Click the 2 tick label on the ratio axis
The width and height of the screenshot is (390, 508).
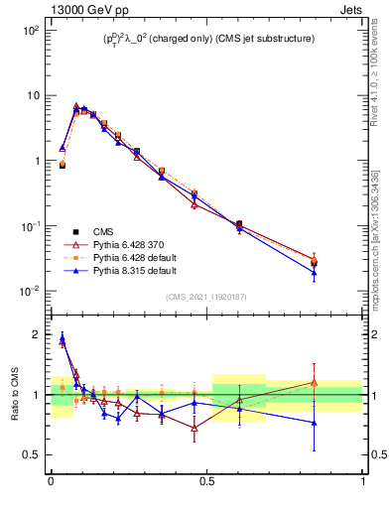38,334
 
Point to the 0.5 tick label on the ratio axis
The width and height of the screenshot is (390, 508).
33,455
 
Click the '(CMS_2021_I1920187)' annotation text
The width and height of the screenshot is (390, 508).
206,297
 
